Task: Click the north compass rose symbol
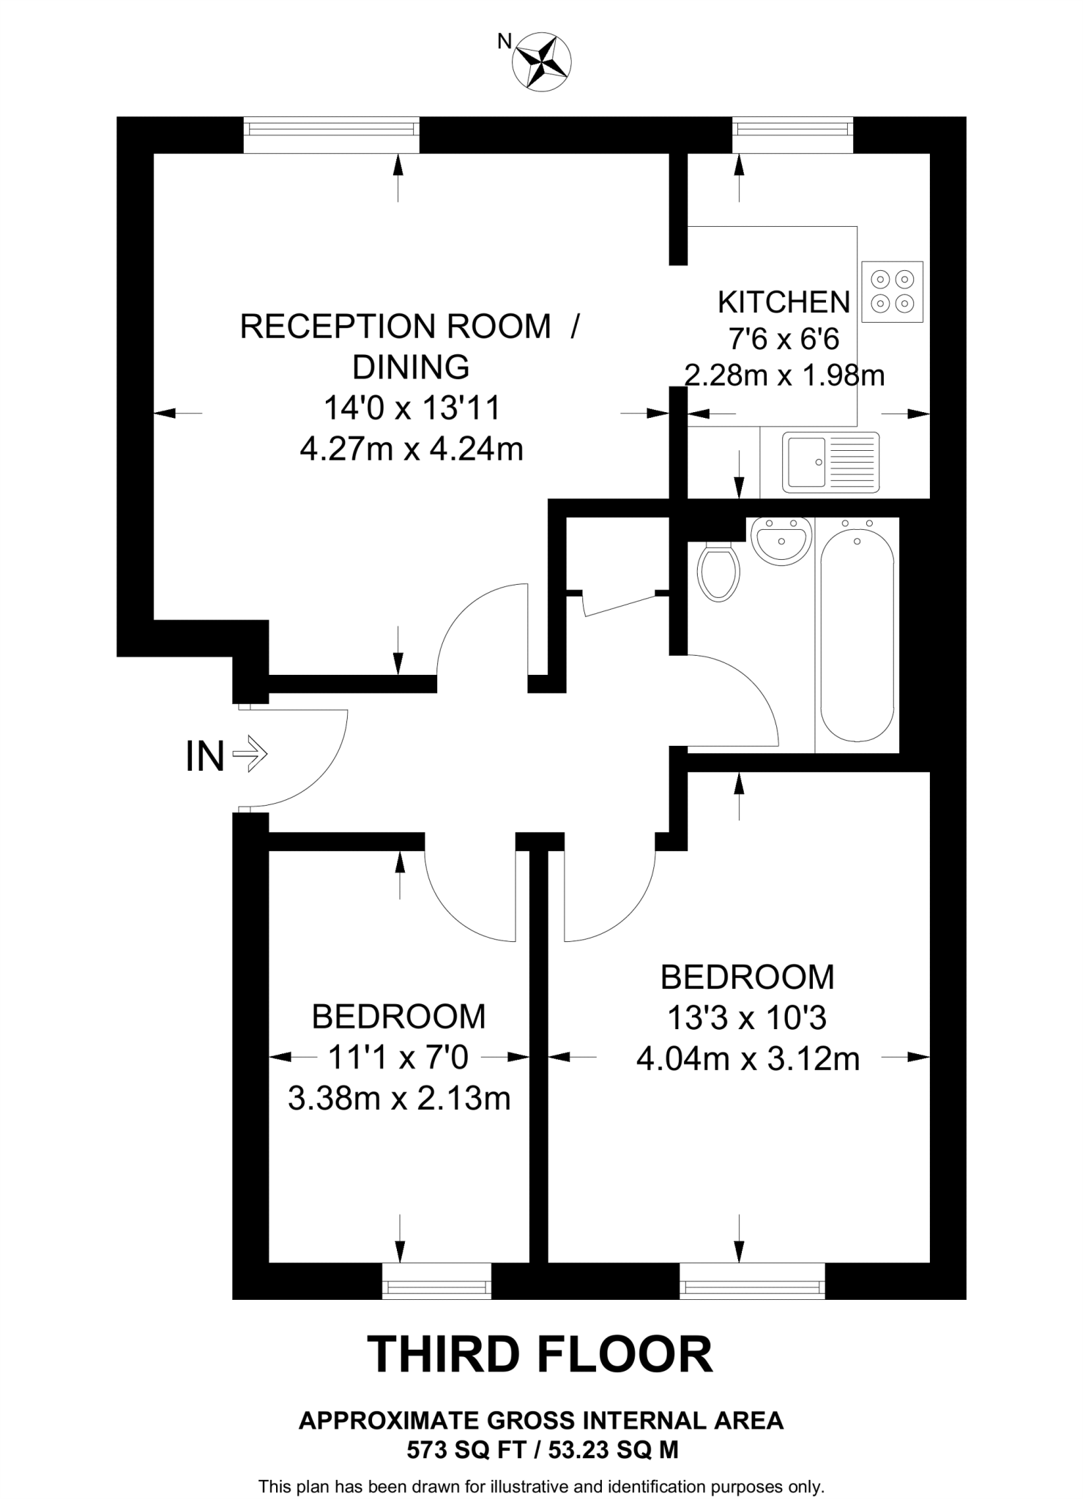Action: (x=542, y=63)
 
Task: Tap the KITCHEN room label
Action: (x=784, y=302)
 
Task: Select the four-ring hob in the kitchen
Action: (x=893, y=291)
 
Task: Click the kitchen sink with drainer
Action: (x=831, y=462)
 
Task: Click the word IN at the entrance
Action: (x=204, y=756)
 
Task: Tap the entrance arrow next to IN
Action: (x=250, y=753)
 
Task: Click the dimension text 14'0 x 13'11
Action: (x=412, y=408)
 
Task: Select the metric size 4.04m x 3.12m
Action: (x=748, y=1058)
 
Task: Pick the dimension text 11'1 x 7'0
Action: (x=398, y=1057)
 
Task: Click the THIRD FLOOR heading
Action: (x=540, y=1354)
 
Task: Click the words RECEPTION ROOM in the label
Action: (x=395, y=326)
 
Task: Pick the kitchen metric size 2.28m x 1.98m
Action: (x=784, y=375)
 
